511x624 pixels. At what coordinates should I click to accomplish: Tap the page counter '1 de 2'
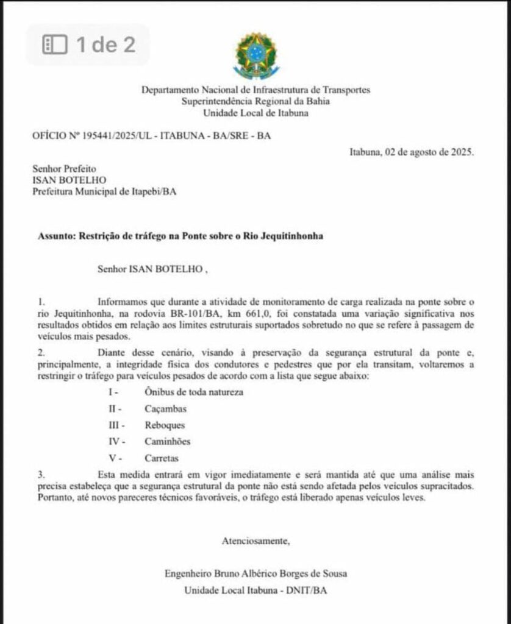pos(105,44)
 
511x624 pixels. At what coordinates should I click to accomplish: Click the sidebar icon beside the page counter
pos(54,44)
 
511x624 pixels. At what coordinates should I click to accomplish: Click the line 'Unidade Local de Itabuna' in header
pos(255,113)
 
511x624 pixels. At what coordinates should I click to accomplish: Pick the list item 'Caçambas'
pos(166,408)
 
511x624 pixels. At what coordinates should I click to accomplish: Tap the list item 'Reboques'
pos(165,425)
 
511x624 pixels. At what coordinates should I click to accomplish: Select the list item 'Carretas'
pos(162,458)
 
